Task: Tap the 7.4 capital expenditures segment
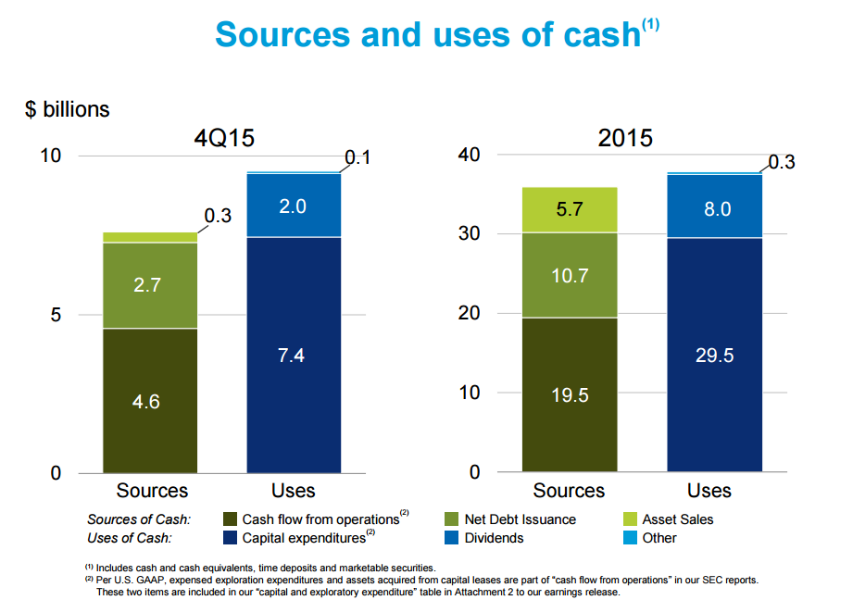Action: (x=294, y=355)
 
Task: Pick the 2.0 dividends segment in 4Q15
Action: (x=294, y=206)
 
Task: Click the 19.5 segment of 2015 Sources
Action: (x=570, y=394)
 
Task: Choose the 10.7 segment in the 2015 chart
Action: (x=570, y=275)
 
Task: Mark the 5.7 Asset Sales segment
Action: (x=570, y=209)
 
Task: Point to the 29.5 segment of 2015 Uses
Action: (x=714, y=355)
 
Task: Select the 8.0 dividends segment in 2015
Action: (x=714, y=206)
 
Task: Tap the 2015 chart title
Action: (x=624, y=139)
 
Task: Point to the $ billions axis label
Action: (x=67, y=109)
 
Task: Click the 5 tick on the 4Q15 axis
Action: (x=56, y=315)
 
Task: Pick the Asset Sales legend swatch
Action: (x=630, y=519)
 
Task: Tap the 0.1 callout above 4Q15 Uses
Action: (x=358, y=158)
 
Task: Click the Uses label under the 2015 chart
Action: (x=709, y=491)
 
